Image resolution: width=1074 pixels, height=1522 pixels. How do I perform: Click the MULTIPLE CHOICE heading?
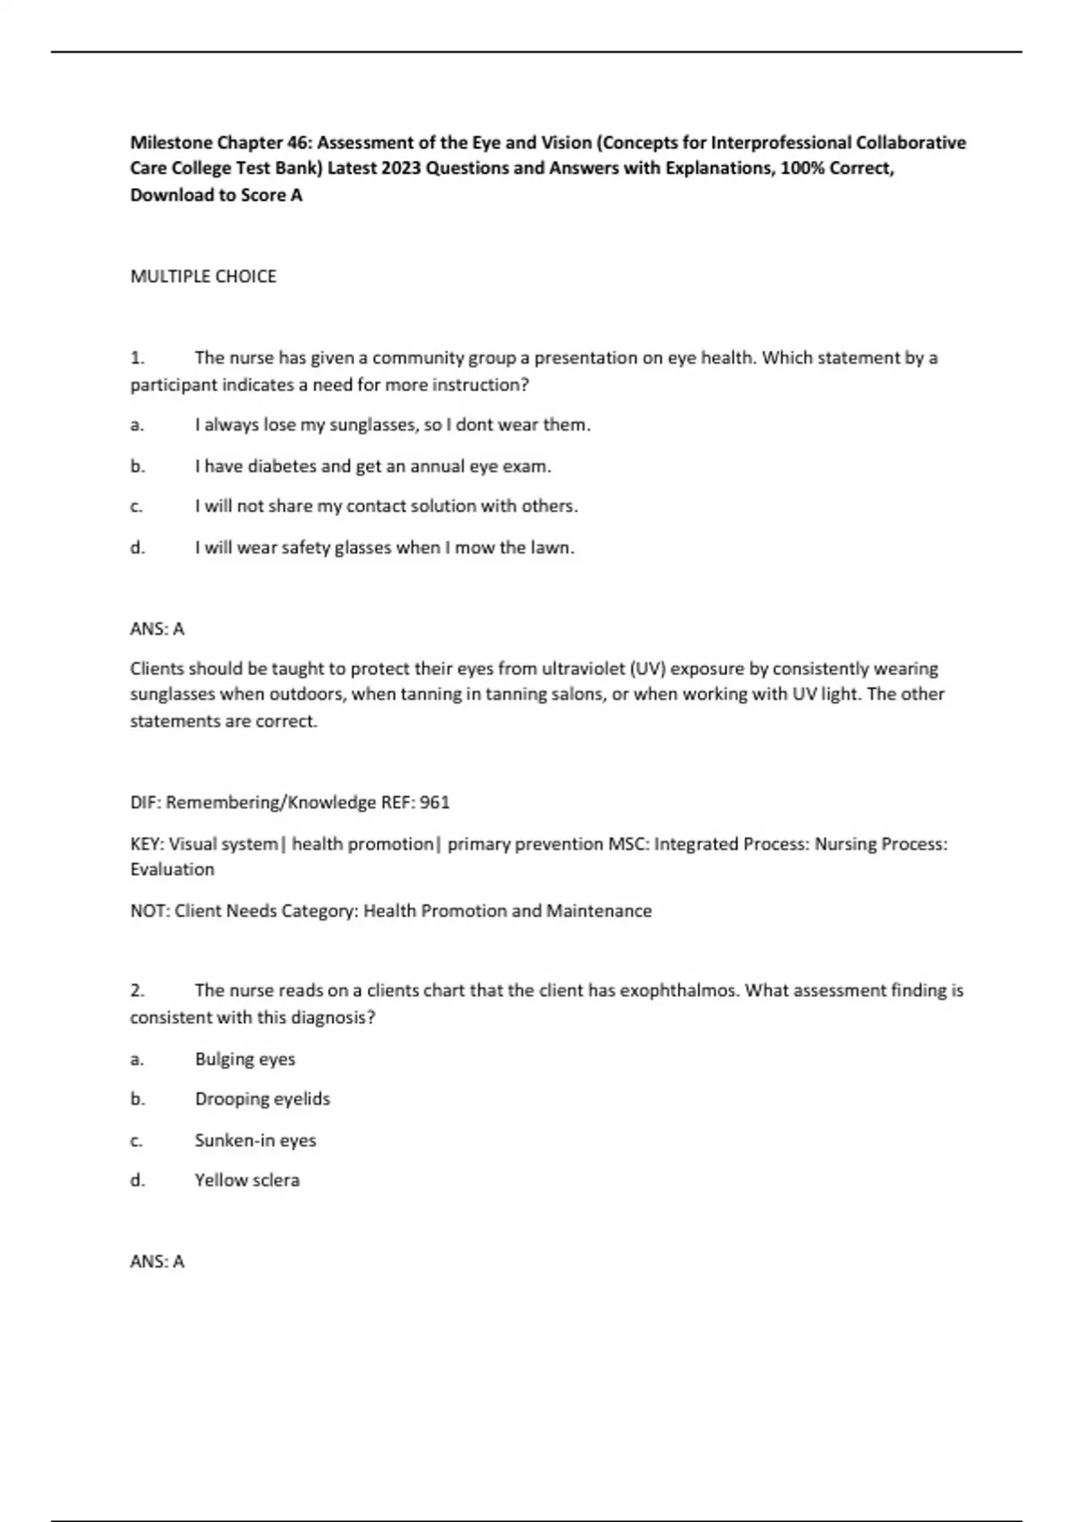tap(203, 277)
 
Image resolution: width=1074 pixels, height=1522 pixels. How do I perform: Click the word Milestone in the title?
tap(172, 142)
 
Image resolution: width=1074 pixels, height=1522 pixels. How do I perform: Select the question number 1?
tap(137, 358)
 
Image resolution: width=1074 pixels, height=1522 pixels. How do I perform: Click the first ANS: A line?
tap(158, 629)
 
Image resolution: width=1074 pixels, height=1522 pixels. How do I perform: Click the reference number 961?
tap(434, 802)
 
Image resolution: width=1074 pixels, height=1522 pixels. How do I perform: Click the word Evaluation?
tap(172, 869)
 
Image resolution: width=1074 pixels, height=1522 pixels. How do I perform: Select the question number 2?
tap(137, 991)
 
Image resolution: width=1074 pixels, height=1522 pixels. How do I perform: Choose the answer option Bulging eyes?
tap(245, 1059)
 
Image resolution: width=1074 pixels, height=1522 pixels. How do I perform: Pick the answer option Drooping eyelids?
tap(262, 1099)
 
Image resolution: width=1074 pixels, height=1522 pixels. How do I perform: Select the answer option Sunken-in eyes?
tap(255, 1141)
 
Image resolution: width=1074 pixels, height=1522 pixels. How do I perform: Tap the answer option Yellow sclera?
tap(247, 1181)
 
